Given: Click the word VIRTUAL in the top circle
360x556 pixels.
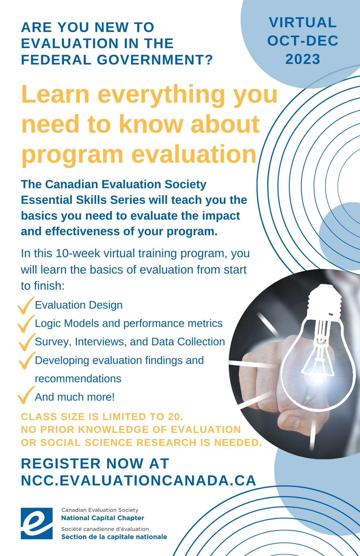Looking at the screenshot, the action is point(303,23).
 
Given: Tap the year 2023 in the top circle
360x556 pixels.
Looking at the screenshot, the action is point(303,59).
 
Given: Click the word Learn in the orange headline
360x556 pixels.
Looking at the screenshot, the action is point(55,94).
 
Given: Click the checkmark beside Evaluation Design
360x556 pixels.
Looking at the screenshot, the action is point(26,305).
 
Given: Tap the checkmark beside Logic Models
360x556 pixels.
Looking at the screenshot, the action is point(26,324).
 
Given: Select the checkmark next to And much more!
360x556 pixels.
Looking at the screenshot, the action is point(26,395).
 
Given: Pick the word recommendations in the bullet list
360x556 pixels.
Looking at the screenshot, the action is point(78,379).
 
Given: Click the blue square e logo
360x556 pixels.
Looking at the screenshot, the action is point(37,523).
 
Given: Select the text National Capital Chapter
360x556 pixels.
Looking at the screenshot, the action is point(103,518).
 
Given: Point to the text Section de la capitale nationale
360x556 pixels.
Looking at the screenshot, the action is point(114,537).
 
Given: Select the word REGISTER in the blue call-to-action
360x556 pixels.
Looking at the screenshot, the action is point(61,464).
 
